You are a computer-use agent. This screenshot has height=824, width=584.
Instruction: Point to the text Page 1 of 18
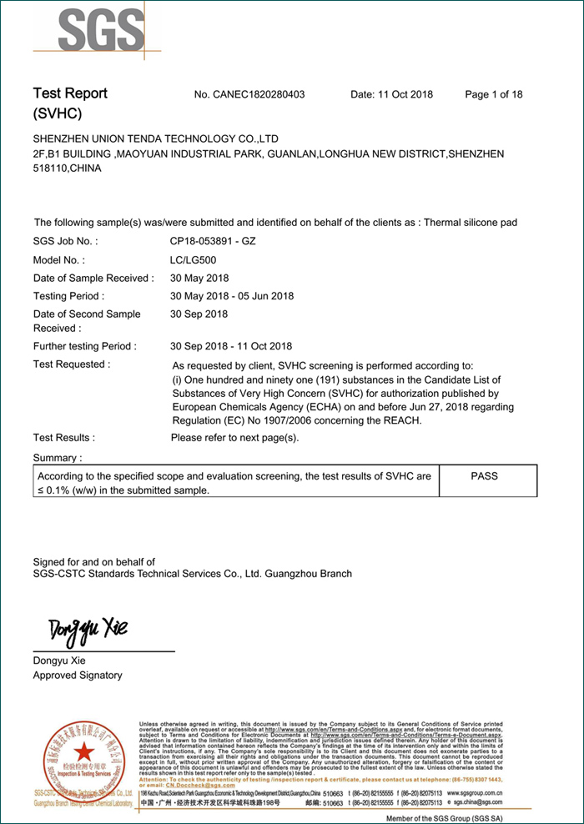494,94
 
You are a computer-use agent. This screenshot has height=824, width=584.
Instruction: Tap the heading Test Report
70,93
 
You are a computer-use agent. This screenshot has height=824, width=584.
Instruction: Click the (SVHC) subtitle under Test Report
58,113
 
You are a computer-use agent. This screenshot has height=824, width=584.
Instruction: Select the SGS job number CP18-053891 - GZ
213,242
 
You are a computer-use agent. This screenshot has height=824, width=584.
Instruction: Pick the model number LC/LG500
194,260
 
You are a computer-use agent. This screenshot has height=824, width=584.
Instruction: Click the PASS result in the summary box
484,476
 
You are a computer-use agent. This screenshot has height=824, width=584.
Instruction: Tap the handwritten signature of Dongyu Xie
87,628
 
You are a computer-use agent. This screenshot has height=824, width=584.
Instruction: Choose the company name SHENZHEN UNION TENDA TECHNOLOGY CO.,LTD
156,138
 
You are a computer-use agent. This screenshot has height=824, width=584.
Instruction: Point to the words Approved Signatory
78,676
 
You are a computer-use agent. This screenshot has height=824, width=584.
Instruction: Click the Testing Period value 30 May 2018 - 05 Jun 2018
232,296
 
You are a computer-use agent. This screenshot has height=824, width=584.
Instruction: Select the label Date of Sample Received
93,278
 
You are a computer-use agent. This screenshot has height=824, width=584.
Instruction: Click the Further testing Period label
85,346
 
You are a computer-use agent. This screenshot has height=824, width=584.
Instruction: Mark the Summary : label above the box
58,458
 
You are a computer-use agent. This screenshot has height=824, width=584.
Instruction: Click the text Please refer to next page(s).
234,438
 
